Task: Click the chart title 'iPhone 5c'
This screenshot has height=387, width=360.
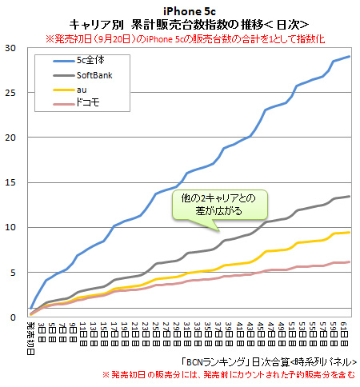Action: click(179, 10)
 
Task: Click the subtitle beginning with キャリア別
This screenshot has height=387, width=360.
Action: click(179, 24)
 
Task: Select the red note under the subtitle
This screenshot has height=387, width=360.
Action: click(179, 38)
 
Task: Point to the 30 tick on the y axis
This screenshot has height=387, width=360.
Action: click(10, 48)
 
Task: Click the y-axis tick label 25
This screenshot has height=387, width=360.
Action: click(10, 93)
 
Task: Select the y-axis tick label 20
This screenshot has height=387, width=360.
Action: click(10, 138)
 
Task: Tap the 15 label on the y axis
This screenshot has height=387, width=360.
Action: click(10, 182)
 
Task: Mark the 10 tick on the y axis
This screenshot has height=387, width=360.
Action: click(10, 227)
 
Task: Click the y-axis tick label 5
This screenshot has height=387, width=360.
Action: click(13, 272)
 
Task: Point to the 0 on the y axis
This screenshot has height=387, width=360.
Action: click(13, 317)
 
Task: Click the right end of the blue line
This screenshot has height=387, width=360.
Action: click(350, 57)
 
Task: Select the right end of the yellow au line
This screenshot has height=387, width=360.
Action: click(350, 233)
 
